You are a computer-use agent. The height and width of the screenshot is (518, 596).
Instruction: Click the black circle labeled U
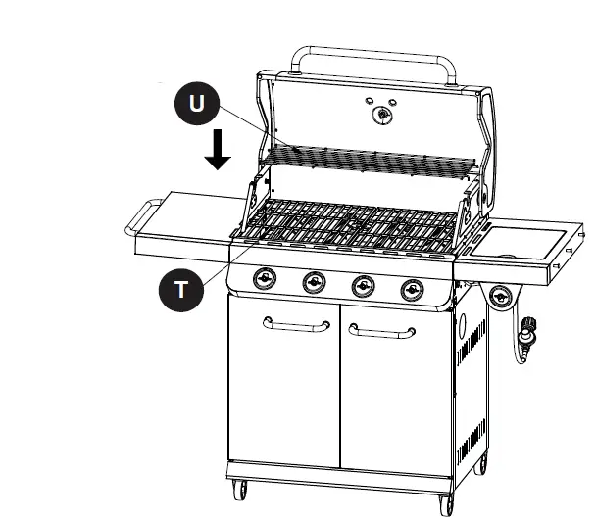pyautogui.click(x=197, y=105)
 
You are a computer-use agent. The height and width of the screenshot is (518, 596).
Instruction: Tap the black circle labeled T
pyautogui.click(x=180, y=289)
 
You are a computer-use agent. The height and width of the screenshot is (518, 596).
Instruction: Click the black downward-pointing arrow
pyautogui.click(x=218, y=150)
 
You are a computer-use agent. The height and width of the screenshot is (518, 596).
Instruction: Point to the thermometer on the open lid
pyautogui.click(x=380, y=115)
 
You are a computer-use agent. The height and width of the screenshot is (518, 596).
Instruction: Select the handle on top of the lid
pyautogui.click(x=377, y=54)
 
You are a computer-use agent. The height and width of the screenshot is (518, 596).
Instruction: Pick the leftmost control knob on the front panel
pyautogui.click(x=264, y=279)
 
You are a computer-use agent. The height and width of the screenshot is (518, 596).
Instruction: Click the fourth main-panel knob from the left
pyautogui.click(x=413, y=288)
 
